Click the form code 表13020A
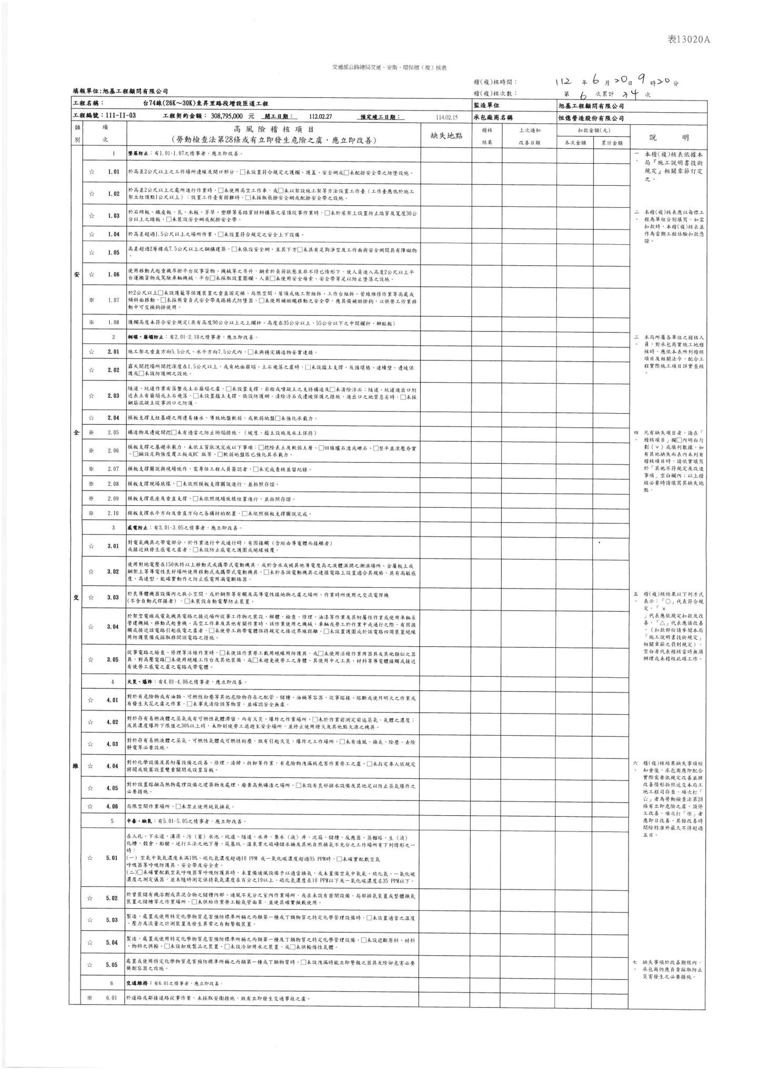point(689,40)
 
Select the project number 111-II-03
point(121,116)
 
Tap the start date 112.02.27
point(321,116)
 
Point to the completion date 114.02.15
point(447,117)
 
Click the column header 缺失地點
point(446,135)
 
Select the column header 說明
point(668,137)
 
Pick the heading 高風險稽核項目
point(274,129)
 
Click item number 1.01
point(113,172)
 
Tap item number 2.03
point(113,395)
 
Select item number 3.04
point(113,627)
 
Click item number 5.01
point(112,858)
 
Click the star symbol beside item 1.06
point(92,274)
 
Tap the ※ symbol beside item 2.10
point(92,513)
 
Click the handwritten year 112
point(563,82)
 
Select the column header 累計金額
point(612,143)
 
